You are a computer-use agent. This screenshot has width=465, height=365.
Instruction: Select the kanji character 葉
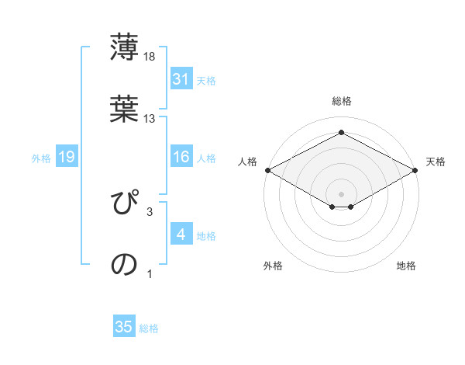tap(124, 109)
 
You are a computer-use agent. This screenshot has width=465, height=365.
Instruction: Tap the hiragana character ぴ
tap(124, 203)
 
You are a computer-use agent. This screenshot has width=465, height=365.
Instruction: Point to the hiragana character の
tap(124, 264)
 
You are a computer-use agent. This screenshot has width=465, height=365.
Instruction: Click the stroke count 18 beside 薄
tap(150, 57)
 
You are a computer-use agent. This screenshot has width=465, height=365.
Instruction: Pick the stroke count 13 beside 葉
tap(150, 118)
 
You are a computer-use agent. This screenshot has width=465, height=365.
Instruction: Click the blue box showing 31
tap(181, 79)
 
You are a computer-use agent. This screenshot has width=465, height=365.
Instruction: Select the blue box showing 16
tap(181, 158)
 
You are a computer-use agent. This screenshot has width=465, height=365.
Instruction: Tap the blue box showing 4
tap(181, 235)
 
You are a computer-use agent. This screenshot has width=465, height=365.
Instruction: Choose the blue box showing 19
tap(67, 158)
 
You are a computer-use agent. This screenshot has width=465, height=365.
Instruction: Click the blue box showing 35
tap(124, 327)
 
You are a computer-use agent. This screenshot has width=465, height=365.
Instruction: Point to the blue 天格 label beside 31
tap(206, 80)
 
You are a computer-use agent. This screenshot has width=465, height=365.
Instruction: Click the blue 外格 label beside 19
tap(41, 158)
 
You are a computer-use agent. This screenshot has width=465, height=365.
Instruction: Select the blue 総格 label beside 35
tap(149, 328)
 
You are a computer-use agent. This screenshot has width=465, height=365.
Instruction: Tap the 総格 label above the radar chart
tap(341, 101)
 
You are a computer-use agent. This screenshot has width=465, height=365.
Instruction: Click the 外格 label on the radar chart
tap(273, 266)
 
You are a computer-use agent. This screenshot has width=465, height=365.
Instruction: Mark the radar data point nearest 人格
tap(267, 170)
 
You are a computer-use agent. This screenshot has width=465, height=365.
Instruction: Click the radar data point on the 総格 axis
tap(341, 133)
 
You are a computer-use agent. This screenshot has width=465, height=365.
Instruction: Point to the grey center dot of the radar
tap(341, 193)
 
